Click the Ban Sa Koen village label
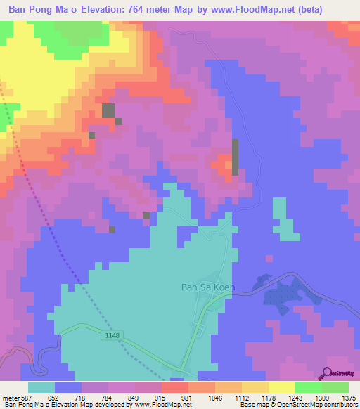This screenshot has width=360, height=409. click(208, 287)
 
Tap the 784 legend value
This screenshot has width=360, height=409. click(108, 397)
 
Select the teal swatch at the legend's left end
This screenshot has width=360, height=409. click(41, 387)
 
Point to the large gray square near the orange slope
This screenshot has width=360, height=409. click(108, 110)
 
